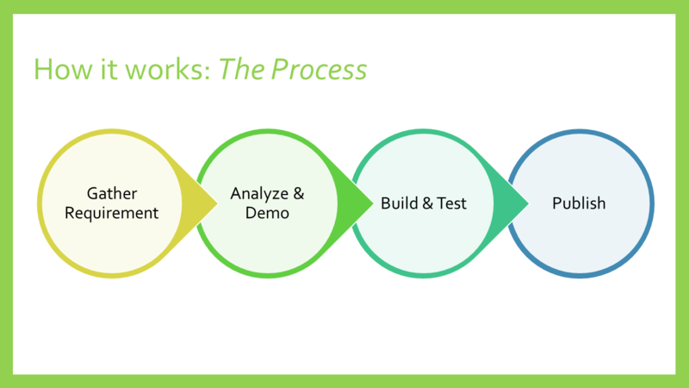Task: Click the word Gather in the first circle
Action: point(112,194)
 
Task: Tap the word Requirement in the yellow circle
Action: point(112,213)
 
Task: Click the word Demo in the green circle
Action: point(266,213)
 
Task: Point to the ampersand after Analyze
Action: point(299,194)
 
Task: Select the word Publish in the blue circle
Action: point(579,203)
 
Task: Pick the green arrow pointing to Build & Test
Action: point(349,203)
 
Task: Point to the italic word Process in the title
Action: point(320,69)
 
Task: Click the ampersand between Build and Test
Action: point(426,203)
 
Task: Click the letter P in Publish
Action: point(556,203)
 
